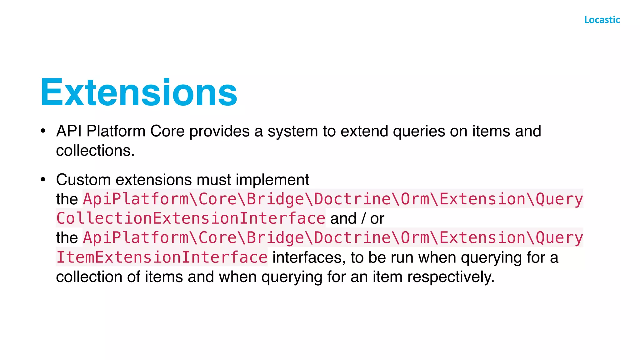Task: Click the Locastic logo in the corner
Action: pyautogui.click(x=602, y=20)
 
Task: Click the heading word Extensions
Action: pyautogui.click(x=139, y=93)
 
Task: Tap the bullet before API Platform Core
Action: pyautogui.click(x=43, y=131)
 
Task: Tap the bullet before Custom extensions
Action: pyautogui.click(x=43, y=180)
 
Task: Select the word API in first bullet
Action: pyautogui.click(x=69, y=131)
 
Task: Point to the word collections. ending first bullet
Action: pyautogui.click(x=95, y=151)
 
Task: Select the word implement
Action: pyautogui.click(x=272, y=180)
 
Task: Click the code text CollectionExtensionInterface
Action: pyautogui.click(x=191, y=218)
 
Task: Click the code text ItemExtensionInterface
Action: pyautogui.click(x=162, y=257)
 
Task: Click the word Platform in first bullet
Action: pyautogui.click(x=116, y=131)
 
